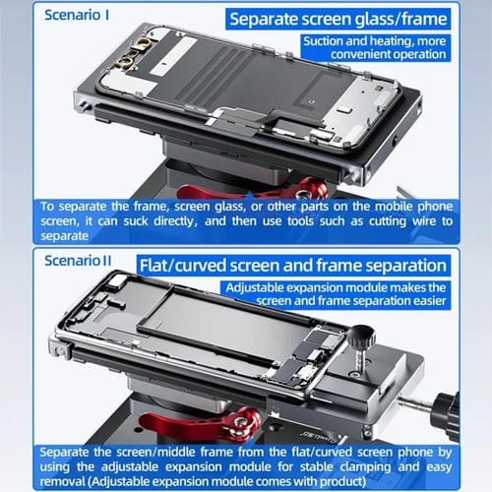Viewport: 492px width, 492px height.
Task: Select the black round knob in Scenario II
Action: (362, 338)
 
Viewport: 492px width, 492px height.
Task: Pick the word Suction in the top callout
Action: (329, 41)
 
